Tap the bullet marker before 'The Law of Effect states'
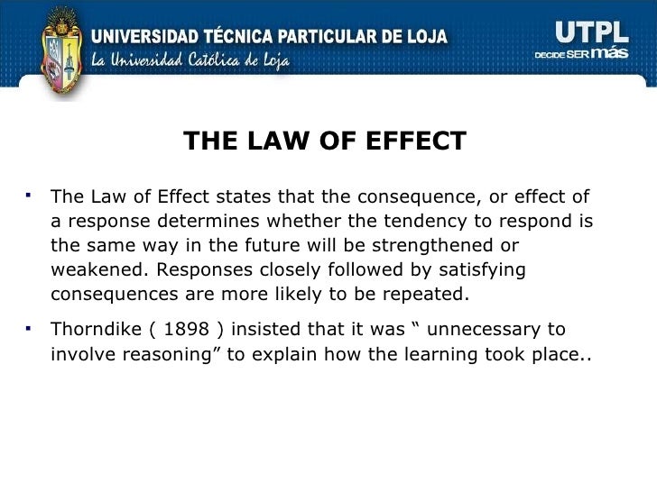click(31, 192)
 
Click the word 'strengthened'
click(436, 246)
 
